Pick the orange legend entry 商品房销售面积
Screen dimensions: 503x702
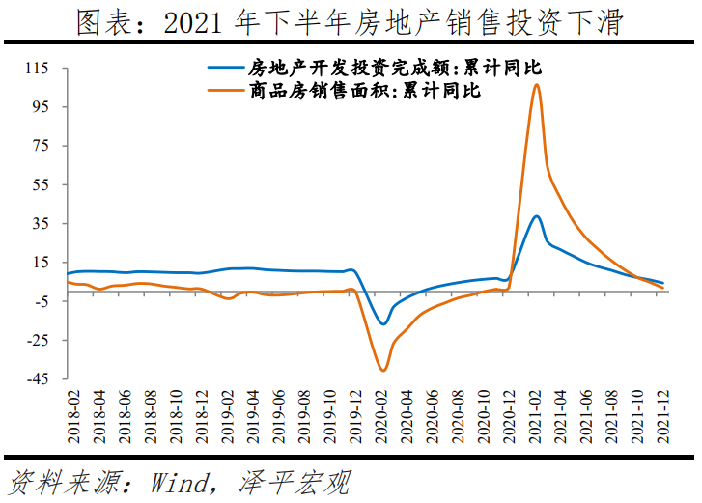(357, 92)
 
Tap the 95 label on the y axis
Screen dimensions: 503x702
(40, 107)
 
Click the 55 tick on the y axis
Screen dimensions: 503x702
(40, 184)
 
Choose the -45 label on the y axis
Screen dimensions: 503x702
(37, 379)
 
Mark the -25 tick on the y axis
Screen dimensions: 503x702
(37, 340)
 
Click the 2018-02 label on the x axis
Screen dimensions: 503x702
(72, 417)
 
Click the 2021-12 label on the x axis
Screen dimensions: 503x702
(661, 417)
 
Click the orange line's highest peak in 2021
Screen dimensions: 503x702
(536, 85)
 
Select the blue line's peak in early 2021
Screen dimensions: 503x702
(536, 216)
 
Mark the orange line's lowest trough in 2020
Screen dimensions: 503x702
(383, 370)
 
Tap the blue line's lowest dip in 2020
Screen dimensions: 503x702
(383, 323)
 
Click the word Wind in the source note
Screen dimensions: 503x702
(180, 481)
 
